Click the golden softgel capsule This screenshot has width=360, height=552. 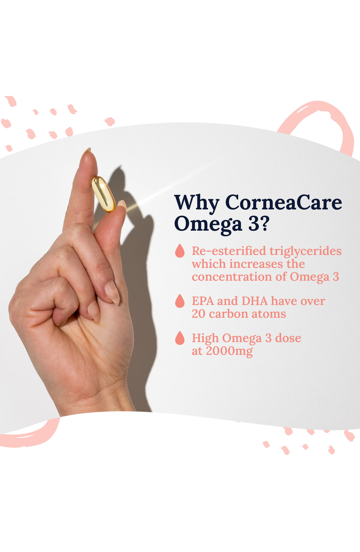(x=103, y=194)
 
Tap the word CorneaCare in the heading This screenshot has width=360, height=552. (x=283, y=203)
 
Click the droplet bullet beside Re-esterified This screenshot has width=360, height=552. (x=180, y=252)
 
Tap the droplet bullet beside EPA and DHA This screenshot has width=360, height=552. (x=180, y=301)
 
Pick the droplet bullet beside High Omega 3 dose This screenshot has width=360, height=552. (x=180, y=338)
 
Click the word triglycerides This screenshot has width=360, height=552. (x=306, y=252)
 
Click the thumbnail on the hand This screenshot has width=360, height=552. (x=122, y=205)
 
